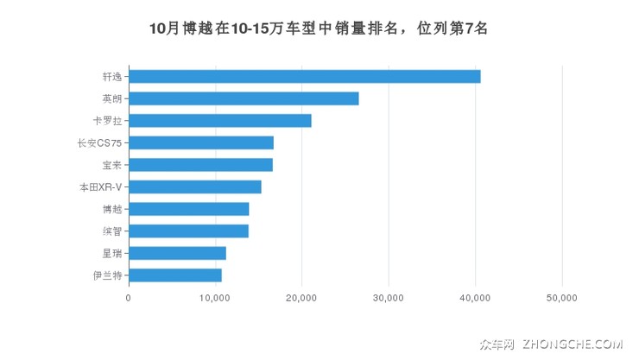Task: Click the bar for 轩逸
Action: (304, 76)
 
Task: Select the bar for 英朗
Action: (244, 98)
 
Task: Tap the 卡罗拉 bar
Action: (219, 120)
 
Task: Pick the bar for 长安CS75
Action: (201, 142)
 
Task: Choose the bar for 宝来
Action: (200, 165)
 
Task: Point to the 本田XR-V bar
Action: (194, 186)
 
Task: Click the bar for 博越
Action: (188, 209)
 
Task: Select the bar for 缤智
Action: (188, 231)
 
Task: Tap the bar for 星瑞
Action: (177, 253)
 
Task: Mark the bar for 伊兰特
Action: (174, 275)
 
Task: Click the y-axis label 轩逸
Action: (111, 76)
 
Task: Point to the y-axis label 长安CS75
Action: (100, 142)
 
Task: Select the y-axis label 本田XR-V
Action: (100, 186)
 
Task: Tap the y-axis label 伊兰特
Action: (107, 275)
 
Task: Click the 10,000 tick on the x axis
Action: (215, 298)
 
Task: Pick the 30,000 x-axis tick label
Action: (389, 298)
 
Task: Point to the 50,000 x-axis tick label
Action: (562, 298)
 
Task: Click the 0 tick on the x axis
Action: (129, 298)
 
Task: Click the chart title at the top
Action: (319, 28)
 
